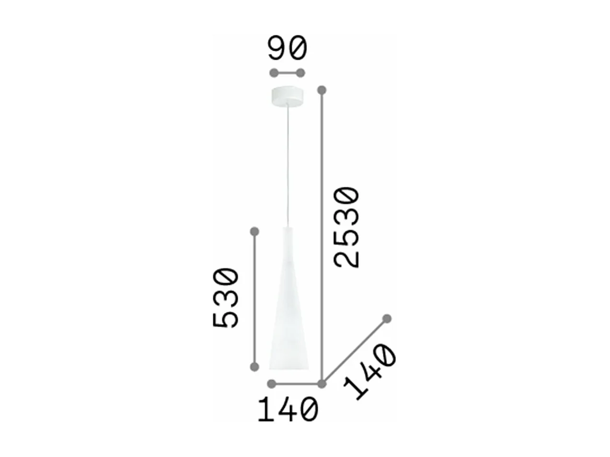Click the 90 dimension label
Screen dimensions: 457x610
coord(287,49)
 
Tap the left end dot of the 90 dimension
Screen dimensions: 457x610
coord(274,73)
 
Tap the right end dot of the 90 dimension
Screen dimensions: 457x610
coord(300,73)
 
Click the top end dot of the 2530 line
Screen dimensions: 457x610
coord(322,90)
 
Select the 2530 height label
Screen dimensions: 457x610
coord(347,228)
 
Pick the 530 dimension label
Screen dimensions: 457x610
coord(226,298)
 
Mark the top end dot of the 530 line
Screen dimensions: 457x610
coord(255,232)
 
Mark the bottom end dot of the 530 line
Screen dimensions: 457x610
coord(255,367)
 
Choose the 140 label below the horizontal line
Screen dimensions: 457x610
coord(288,411)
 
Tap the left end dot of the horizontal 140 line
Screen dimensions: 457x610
coord(272,383)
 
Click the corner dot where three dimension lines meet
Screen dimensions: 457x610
coord(322,383)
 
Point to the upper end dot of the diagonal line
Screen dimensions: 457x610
coord(387,319)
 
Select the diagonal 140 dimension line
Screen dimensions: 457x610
coord(355,351)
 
